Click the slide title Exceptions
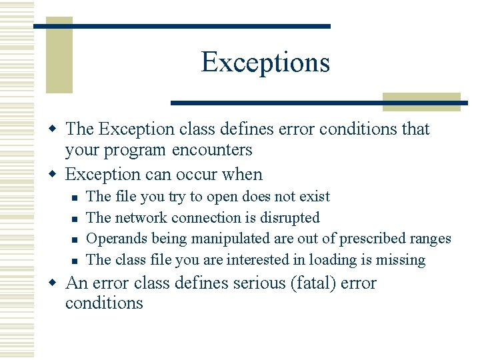click(x=265, y=62)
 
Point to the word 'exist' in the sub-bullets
click(x=313, y=197)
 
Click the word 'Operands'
click(x=117, y=239)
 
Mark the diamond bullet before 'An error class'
click(x=55, y=283)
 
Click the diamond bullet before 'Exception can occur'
click(x=55, y=175)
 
